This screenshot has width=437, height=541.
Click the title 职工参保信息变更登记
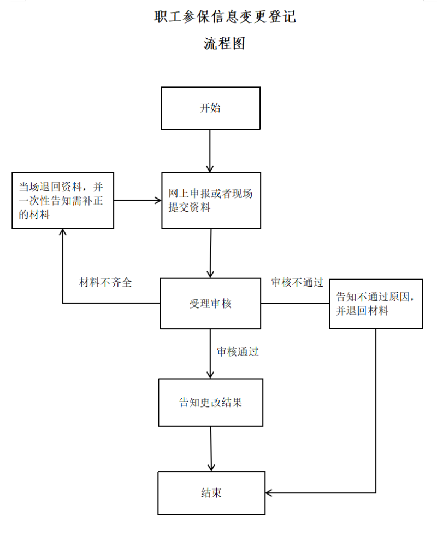(225, 16)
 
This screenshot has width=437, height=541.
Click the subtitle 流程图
(225, 43)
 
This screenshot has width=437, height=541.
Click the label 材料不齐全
(105, 283)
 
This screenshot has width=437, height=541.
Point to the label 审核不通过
(297, 283)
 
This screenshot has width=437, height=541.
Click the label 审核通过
(238, 352)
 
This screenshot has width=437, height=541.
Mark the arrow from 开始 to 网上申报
(210, 151)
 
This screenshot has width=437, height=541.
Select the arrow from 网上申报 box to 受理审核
(210, 253)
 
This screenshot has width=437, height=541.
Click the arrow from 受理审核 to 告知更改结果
(210, 354)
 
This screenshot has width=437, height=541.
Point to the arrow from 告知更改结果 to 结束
(211, 449)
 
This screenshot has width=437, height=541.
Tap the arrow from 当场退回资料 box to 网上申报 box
(138, 200)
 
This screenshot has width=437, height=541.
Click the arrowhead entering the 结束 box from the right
(268, 493)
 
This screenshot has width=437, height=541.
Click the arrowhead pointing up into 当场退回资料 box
(62, 232)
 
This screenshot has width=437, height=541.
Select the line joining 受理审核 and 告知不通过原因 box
(295, 304)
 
